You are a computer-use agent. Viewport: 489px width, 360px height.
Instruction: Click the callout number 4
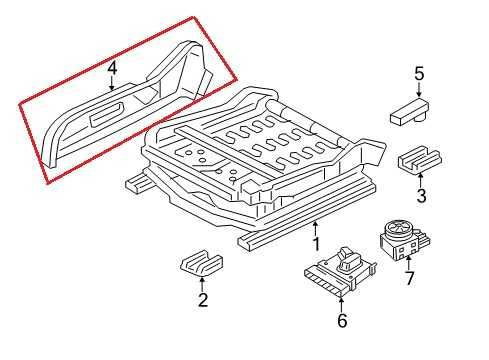(112, 68)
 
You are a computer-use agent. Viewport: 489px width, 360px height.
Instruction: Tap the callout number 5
(419, 73)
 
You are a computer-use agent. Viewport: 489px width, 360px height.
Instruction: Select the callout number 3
(421, 195)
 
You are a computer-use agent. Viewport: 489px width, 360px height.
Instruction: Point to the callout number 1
(315, 243)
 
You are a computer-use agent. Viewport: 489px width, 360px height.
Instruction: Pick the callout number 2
(202, 299)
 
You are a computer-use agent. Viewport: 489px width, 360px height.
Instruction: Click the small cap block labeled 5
(410, 110)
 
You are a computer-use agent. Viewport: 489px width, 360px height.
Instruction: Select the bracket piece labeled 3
(420, 159)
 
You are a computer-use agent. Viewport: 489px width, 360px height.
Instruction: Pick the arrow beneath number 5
(419, 89)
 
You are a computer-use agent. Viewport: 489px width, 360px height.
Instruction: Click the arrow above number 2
(202, 283)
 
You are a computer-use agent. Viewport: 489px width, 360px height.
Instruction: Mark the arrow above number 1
(315, 228)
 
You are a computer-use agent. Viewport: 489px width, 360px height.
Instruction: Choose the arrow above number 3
(421, 180)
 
